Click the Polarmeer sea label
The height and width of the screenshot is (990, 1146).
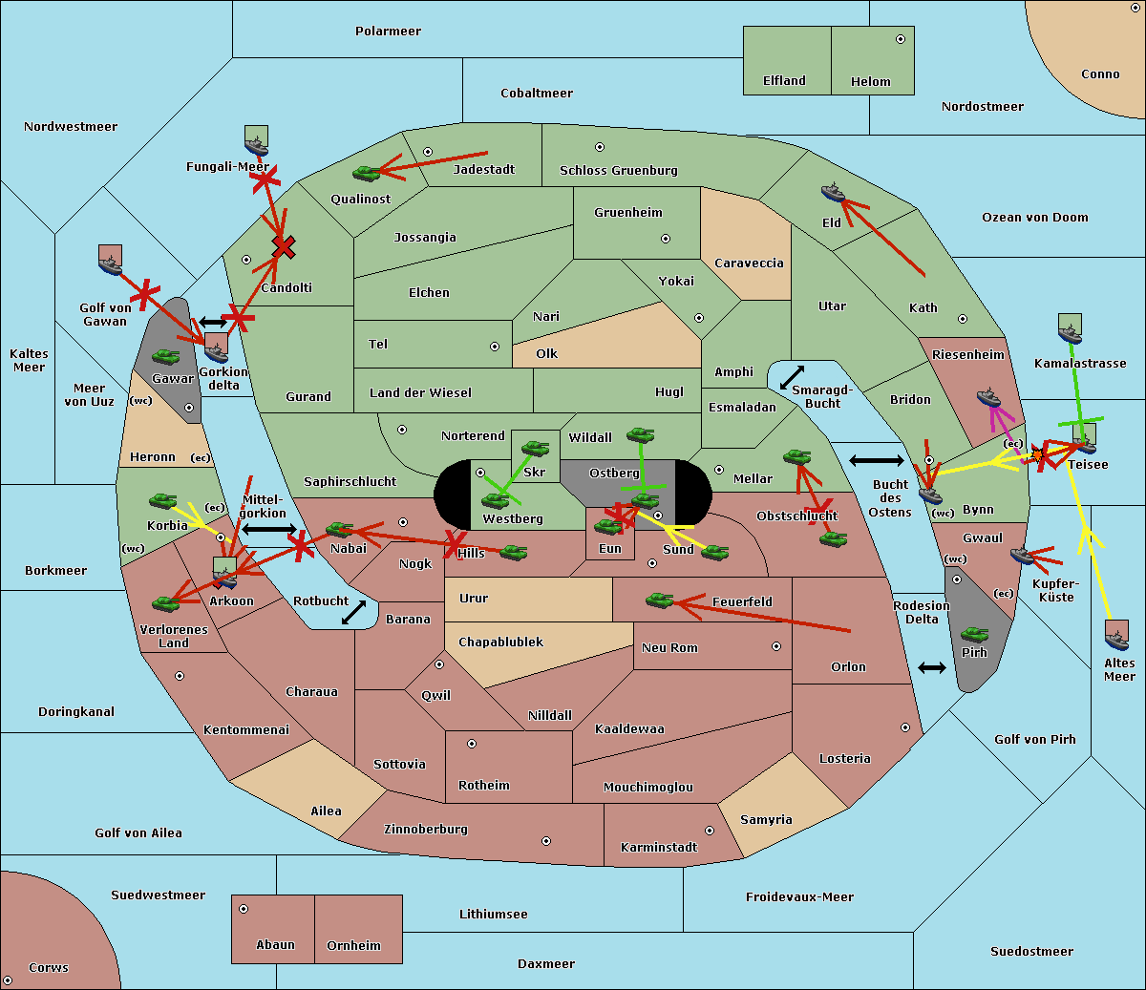388,32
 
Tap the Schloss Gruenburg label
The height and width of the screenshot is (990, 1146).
618,171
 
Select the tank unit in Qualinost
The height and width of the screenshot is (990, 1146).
366,174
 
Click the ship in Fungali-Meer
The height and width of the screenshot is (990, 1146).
256,144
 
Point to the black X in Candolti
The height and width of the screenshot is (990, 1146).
284,247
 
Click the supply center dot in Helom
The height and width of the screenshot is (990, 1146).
900,39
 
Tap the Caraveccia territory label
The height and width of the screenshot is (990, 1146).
749,263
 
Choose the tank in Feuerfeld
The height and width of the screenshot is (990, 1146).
659,600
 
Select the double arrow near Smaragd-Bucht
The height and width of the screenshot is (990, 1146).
792,377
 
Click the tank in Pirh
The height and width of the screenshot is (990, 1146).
974,635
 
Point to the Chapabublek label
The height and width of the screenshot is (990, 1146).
500,642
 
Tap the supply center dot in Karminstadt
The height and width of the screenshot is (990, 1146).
710,831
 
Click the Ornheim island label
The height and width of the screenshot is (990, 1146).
353,946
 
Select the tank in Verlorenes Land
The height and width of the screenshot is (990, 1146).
165,603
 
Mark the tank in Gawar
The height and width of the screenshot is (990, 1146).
165,357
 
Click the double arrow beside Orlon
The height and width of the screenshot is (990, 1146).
932,668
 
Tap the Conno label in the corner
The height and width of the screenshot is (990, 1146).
1100,74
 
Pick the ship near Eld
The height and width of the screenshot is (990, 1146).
834,194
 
